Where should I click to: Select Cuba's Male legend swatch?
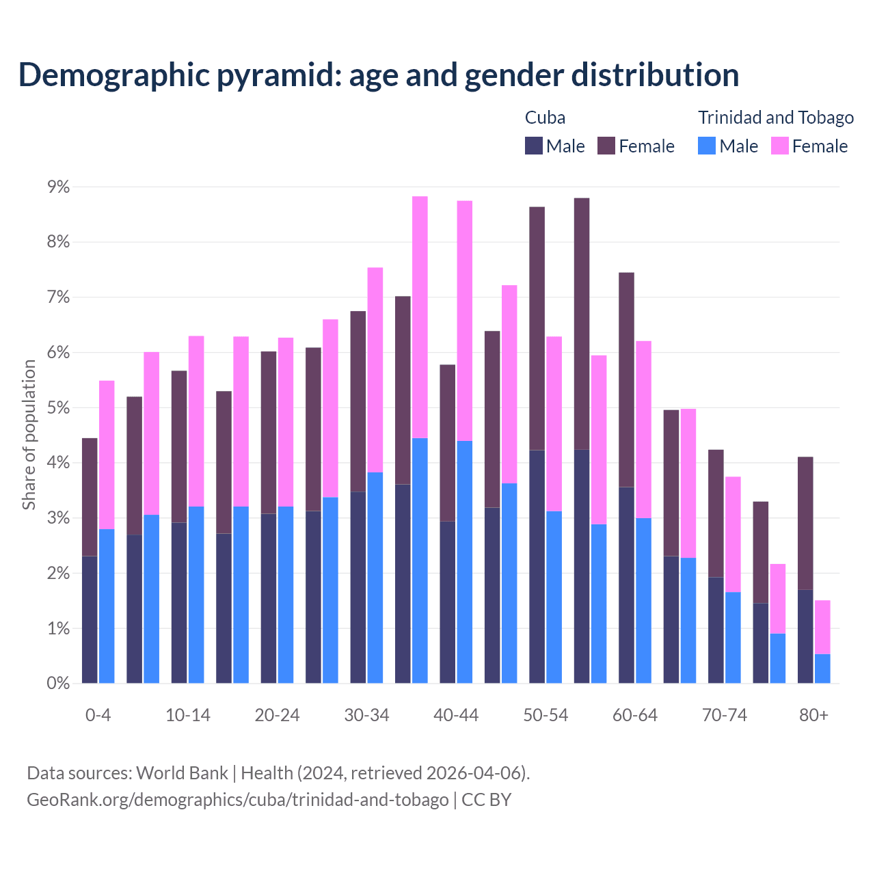(x=534, y=146)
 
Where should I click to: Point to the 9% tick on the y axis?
(x=57, y=187)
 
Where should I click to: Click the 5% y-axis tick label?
(x=57, y=408)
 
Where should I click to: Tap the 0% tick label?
(x=57, y=683)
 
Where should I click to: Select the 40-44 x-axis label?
(x=456, y=716)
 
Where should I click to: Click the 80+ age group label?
(x=813, y=716)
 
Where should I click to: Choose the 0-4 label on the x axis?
(x=98, y=716)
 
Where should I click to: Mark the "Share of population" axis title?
(x=29, y=435)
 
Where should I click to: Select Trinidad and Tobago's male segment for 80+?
(x=822, y=669)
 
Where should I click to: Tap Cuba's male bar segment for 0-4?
(x=90, y=619)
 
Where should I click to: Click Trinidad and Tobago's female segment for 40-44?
(x=465, y=321)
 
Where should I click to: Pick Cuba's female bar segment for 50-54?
(x=537, y=328)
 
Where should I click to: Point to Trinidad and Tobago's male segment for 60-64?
(x=643, y=600)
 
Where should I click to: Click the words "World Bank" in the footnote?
(x=182, y=773)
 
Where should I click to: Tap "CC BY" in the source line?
(x=486, y=800)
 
